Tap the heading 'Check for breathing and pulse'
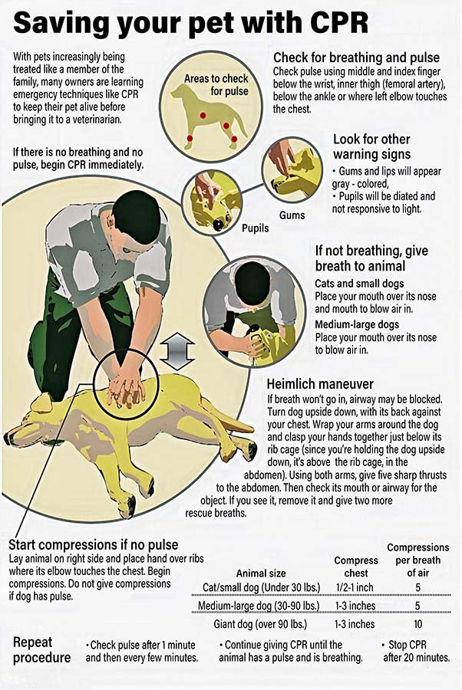coord(356,58)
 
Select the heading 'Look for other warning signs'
coord(371,146)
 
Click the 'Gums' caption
coord(292,217)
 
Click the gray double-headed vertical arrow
coord(174,358)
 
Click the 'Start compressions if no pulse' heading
coord(91,545)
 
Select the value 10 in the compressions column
coord(417,624)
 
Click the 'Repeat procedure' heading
coord(42,649)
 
